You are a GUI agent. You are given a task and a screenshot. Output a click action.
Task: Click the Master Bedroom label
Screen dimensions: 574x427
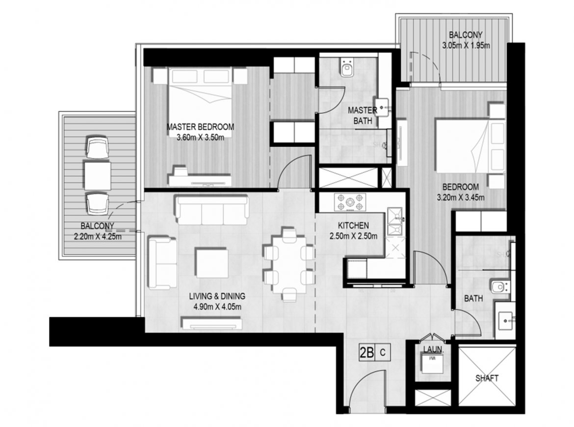(x=200, y=127)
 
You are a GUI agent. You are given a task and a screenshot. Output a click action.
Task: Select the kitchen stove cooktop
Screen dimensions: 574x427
(x=350, y=203)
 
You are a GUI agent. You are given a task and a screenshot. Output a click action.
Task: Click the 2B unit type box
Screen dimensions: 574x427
(x=367, y=353)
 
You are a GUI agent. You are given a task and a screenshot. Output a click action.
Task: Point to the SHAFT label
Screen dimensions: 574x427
(x=487, y=378)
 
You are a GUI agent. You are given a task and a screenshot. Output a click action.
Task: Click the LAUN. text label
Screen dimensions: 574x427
(x=433, y=350)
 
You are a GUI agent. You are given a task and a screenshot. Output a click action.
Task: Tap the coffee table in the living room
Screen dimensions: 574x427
(x=211, y=263)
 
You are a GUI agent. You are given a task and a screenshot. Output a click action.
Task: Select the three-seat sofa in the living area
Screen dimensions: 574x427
(x=212, y=210)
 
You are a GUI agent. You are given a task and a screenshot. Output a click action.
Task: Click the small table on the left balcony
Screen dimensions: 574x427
(x=97, y=176)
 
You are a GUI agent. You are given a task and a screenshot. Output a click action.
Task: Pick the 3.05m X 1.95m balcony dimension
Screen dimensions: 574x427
(x=466, y=46)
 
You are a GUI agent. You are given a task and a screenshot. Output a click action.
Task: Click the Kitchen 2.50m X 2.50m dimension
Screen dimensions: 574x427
(x=353, y=236)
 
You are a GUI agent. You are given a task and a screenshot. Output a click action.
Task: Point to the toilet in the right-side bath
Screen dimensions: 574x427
(x=500, y=287)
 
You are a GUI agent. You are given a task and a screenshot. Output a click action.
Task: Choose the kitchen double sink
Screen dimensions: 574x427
(x=395, y=221)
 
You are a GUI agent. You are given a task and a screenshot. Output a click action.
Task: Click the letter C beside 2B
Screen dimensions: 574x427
(x=383, y=353)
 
